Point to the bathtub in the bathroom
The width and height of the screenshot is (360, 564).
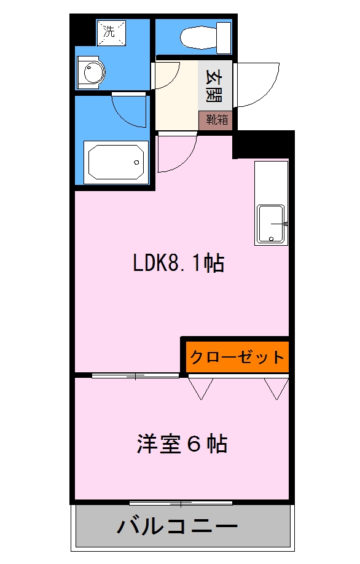tap(117, 162)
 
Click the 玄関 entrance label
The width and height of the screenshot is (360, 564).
tap(214, 87)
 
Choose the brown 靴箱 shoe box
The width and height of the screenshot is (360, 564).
tap(216, 120)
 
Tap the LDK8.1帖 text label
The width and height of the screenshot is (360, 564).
tap(178, 264)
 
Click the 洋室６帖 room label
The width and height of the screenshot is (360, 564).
tap(182, 443)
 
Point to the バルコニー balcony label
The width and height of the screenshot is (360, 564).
tap(178, 526)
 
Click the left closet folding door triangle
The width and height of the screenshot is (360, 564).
tap(200, 388)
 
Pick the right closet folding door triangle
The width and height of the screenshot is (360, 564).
tap(276, 388)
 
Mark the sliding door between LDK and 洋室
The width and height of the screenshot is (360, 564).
tap(136, 375)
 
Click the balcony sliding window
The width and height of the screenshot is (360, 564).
tap(182, 503)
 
